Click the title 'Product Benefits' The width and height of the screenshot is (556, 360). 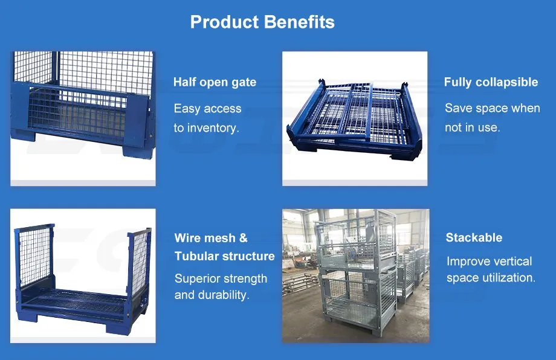262,22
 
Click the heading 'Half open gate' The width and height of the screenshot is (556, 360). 215,82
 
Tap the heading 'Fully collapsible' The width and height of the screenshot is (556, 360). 491,82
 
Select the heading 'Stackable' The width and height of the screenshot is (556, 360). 474,237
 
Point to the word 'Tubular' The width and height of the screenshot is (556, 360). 198,256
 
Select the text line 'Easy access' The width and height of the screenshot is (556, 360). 207,109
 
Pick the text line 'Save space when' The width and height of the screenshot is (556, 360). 492,108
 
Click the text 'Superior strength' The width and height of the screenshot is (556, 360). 221,278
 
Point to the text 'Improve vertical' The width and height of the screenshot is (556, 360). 489,262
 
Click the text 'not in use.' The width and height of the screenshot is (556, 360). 472,127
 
